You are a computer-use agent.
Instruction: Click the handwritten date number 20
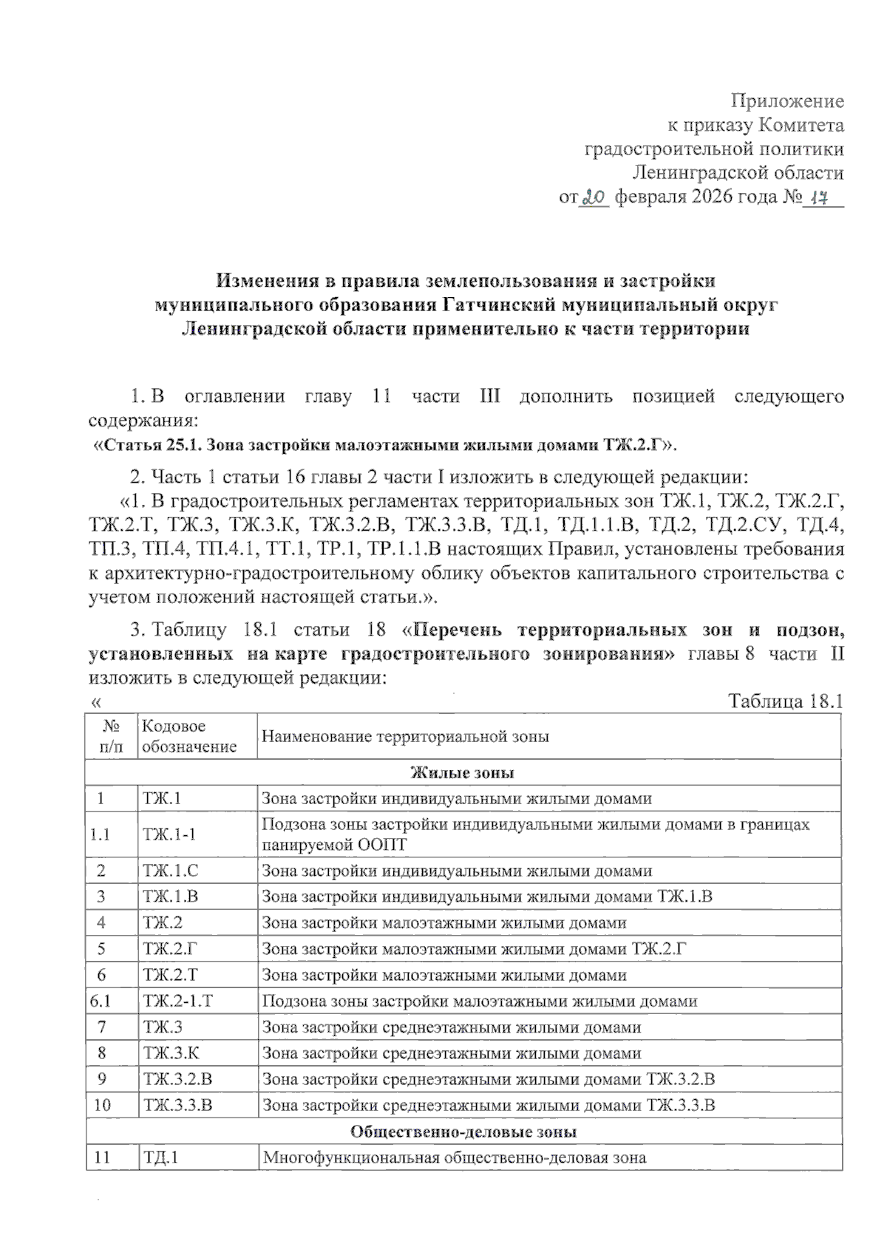click(594, 197)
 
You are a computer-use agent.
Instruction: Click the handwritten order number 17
click(818, 198)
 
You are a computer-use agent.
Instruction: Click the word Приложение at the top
click(787, 101)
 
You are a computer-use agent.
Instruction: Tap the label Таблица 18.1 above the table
click(786, 701)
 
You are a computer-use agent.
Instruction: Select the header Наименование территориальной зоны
click(406, 737)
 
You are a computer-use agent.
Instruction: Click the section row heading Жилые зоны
click(463, 773)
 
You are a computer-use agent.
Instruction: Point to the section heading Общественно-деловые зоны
click(463, 1132)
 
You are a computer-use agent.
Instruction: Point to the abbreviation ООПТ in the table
click(383, 845)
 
